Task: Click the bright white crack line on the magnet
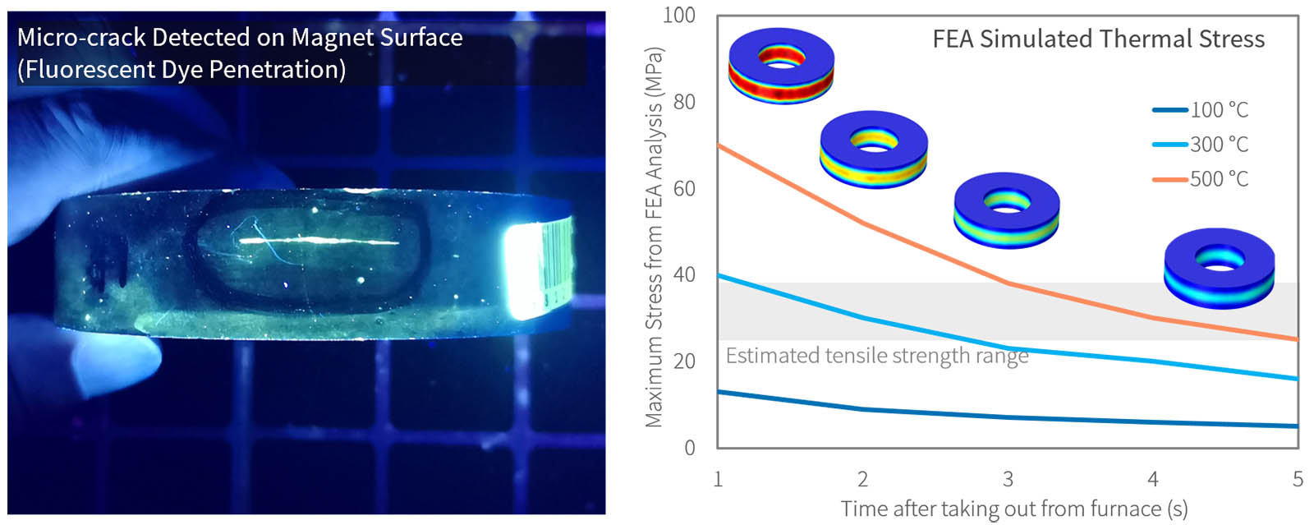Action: pos(320,242)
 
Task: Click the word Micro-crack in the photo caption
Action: pos(81,38)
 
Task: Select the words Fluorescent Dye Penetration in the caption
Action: pos(181,70)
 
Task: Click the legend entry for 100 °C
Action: pos(1201,110)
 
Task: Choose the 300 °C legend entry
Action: pos(1201,145)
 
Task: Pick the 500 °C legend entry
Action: pos(1201,179)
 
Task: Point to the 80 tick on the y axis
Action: pos(684,102)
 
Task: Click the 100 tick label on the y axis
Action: pos(679,16)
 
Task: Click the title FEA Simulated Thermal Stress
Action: pos(1098,39)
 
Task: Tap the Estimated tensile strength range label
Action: pos(876,356)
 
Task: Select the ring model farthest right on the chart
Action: pos(1219,268)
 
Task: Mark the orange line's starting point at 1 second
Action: pos(719,145)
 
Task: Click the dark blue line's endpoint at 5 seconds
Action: pos(1298,426)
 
